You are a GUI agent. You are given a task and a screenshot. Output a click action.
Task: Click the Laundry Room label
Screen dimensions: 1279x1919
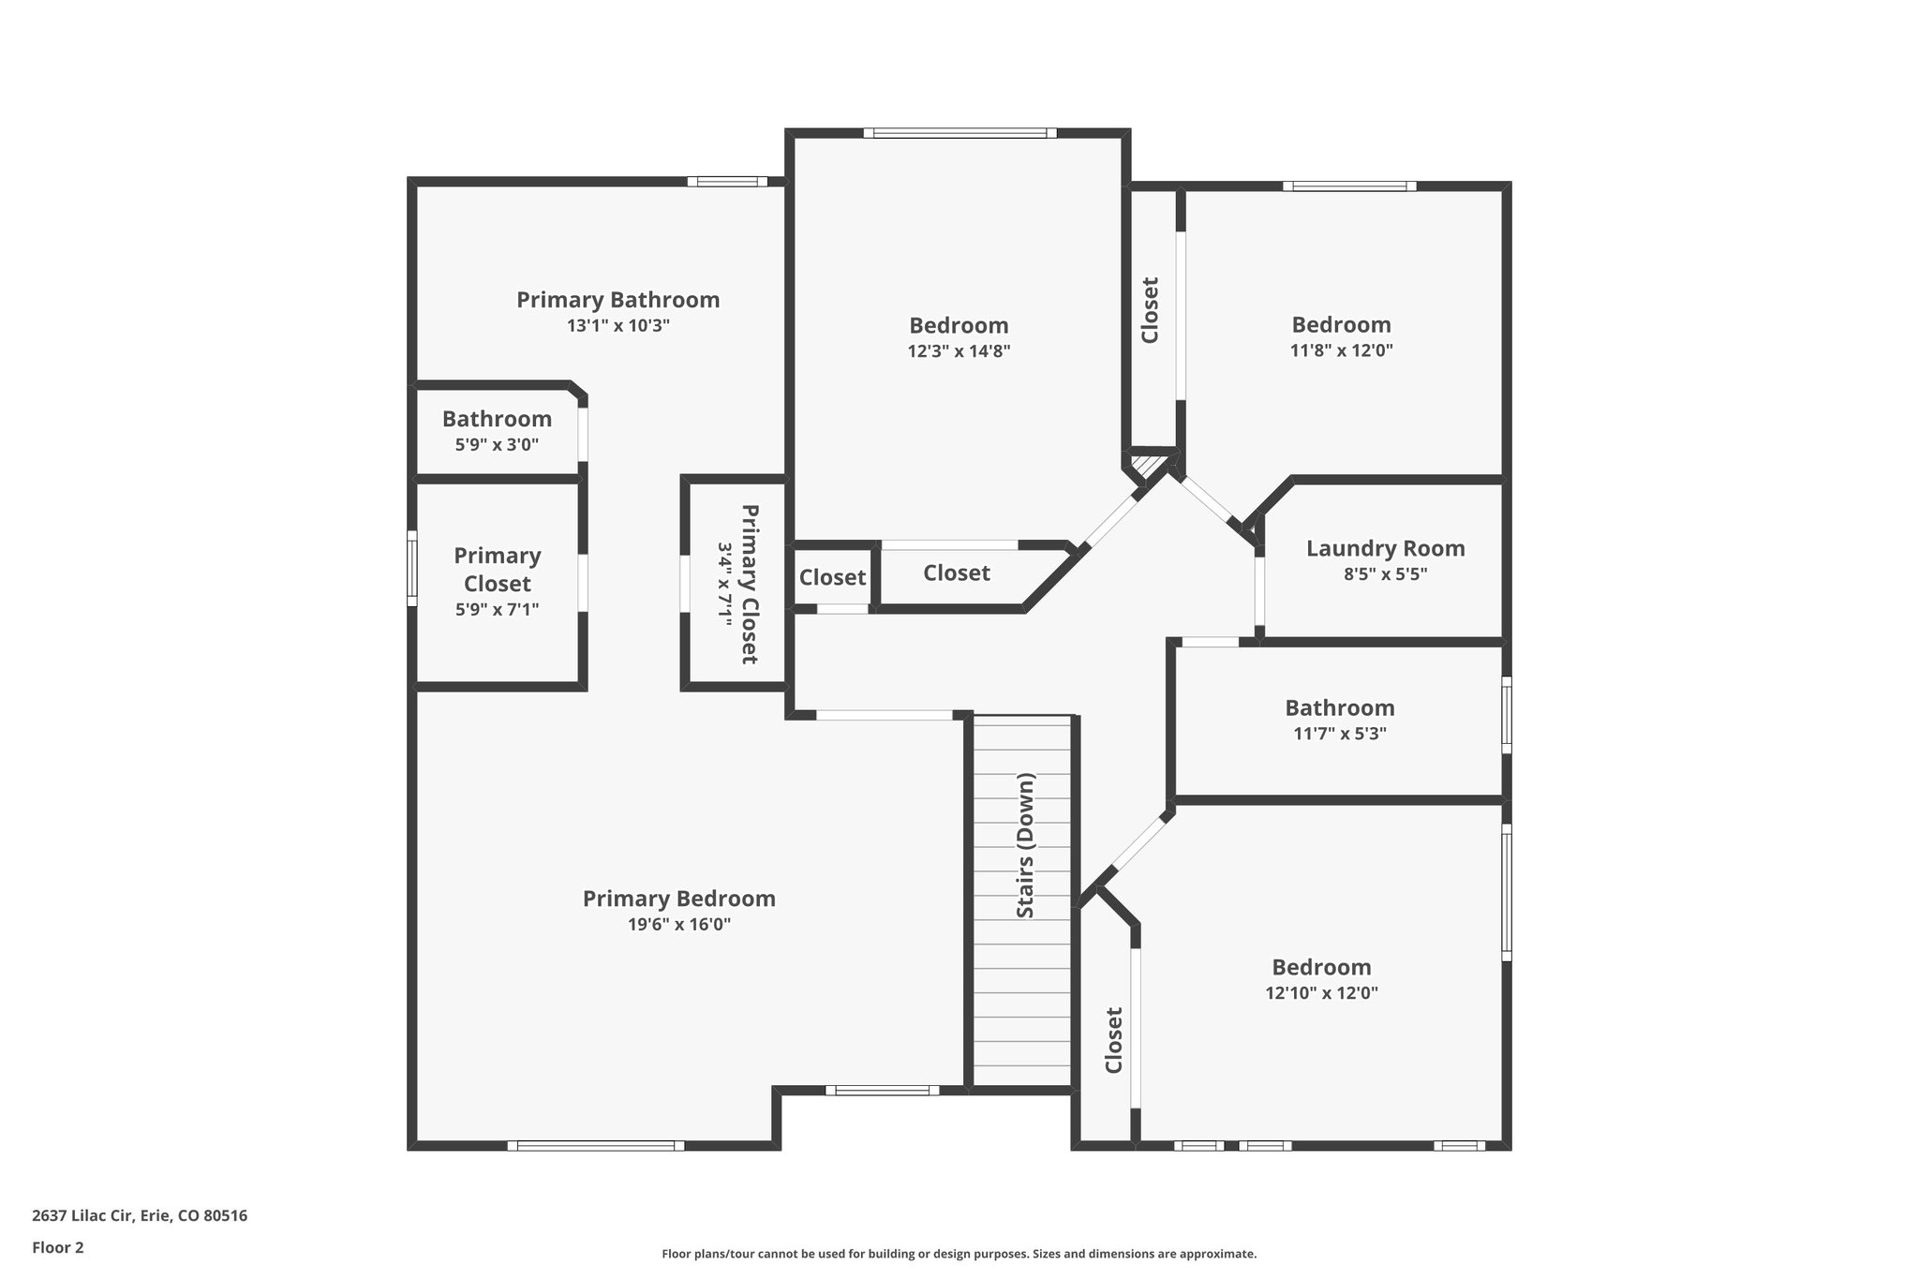[x=1385, y=548]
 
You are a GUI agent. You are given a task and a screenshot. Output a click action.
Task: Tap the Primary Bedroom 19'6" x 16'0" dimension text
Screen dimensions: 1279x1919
[x=678, y=925]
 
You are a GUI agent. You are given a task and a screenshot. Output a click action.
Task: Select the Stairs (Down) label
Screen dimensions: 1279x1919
[x=1025, y=846]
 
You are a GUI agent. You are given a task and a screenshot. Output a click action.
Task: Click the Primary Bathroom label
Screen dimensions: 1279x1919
[x=617, y=300]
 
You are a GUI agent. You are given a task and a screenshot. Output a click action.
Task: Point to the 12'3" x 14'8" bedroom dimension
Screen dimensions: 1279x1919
[x=959, y=351]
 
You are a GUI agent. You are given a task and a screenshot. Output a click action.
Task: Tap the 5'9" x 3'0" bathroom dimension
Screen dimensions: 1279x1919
[x=497, y=445]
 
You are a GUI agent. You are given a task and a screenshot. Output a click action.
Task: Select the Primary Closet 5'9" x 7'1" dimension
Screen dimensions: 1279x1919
[x=497, y=610]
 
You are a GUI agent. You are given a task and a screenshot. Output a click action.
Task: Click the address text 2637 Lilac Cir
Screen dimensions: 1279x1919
[x=140, y=1216]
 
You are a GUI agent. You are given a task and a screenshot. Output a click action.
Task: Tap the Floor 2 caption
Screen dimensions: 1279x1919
[x=58, y=1247]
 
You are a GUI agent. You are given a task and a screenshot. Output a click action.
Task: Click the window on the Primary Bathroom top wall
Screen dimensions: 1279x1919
[x=727, y=182]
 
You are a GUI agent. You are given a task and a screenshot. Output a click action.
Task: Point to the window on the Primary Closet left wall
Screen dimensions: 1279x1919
[x=411, y=569]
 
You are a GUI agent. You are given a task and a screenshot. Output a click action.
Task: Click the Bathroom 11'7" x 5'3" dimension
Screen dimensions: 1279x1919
[x=1339, y=734]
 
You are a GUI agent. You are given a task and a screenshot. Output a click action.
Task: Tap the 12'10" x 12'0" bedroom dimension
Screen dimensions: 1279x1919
[x=1320, y=993]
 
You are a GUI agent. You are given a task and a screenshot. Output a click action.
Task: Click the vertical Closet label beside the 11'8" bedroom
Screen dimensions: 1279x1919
[x=1150, y=310]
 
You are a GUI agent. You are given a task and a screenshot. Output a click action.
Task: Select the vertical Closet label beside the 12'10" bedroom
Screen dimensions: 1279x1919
[x=1113, y=1040]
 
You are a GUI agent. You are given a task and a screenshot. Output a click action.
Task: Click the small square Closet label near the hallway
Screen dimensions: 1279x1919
[x=832, y=577]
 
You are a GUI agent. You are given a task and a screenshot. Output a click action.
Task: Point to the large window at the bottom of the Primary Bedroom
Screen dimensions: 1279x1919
[x=596, y=1145]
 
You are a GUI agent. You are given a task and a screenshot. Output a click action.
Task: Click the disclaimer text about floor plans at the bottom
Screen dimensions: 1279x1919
[x=959, y=1254]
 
